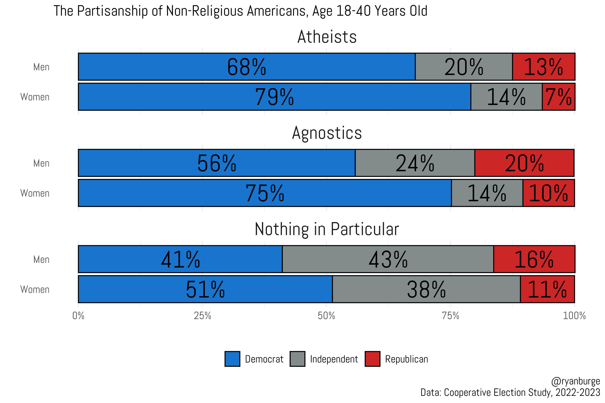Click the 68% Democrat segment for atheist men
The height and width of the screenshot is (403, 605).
point(246,67)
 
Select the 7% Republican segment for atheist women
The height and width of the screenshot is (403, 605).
point(558,97)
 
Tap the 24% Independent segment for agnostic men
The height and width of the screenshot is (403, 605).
point(415,163)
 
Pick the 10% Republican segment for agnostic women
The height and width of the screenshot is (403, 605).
point(548,193)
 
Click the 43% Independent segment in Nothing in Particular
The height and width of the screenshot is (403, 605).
point(388,259)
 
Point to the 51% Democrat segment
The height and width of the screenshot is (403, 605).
point(205,289)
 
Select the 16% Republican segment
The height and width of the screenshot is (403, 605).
point(534,259)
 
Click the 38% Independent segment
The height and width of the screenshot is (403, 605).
point(426,289)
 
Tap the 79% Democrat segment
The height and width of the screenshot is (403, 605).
point(274,97)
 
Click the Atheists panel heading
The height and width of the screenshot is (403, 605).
point(327,37)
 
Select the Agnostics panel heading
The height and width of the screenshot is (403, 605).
point(327,133)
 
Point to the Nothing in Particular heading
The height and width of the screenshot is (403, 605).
point(327,229)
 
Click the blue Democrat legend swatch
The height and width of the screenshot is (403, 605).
point(232,359)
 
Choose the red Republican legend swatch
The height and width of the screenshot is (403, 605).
point(372,359)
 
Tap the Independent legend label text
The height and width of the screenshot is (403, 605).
point(334,359)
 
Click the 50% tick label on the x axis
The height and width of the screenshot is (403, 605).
point(326,316)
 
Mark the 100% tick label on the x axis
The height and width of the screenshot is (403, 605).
point(574,316)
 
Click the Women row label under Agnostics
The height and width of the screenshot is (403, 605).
point(35,193)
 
